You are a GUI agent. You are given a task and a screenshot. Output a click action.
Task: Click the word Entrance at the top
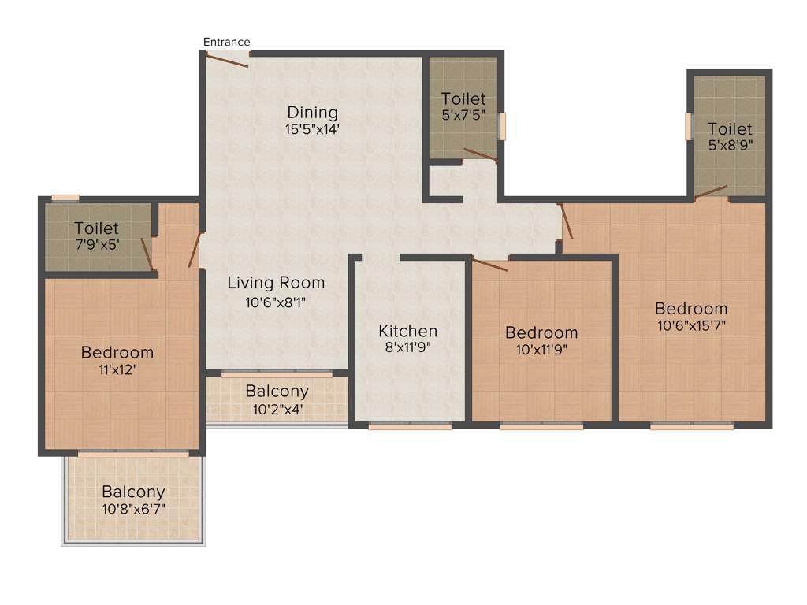pyautogui.click(x=226, y=42)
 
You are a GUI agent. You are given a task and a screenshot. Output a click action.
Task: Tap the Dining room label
pyautogui.click(x=312, y=112)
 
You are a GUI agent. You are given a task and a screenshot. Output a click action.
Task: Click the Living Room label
pyautogui.click(x=276, y=283)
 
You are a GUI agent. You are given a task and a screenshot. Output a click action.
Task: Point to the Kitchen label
pyautogui.click(x=407, y=331)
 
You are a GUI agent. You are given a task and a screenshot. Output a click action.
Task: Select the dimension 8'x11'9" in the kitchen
pyautogui.click(x=407, y=347)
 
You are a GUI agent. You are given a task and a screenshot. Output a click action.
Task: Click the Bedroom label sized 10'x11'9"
pyautogui.click(x=541, y=332)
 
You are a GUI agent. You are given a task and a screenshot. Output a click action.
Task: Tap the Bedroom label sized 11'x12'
pyautogui.click(x=117, y=352)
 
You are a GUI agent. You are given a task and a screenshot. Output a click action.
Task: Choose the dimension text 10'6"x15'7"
pyautogui.click(x=691, y=325)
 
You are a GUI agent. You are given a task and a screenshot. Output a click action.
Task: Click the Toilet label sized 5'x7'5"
pyautogui.click(x=463, y=99)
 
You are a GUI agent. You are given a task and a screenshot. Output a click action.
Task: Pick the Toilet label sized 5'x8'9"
pyautogui.click(x=730, y=128)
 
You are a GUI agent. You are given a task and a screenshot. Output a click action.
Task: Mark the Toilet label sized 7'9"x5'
pyautogui.click(x=96, y=228)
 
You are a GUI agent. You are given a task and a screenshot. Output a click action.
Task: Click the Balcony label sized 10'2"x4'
pyautogui.click(x=277, y=392)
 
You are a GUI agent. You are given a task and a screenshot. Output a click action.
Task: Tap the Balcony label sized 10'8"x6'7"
pyautogui.click(x=133, y=492)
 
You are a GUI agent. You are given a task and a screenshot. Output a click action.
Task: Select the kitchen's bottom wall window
pyautogui.click(x=410, y=426)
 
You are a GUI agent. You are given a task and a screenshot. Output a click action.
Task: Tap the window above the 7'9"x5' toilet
pyautogui.click(x=65, y=198)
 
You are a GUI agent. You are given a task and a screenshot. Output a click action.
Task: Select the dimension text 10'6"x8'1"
pyautogui.click(x=276, y=300)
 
